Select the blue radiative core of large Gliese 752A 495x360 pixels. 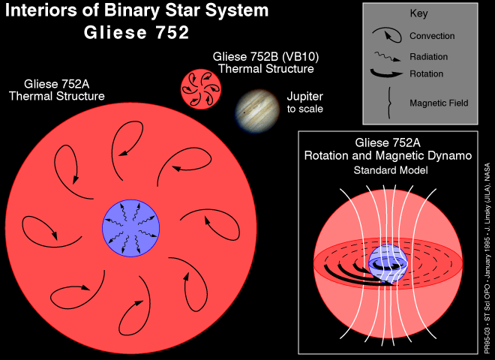[x=131, y=225]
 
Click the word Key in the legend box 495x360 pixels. [x=418, y=13]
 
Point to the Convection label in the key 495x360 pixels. [x=432, y=36]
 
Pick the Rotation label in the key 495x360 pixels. [x=427, y=73]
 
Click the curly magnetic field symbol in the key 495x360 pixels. [x=386, y=103]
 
